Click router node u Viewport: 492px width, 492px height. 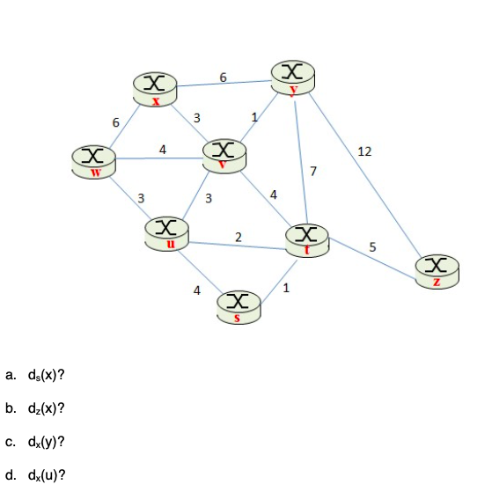(x=165, y=232)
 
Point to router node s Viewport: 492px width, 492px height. (x=238, y=306)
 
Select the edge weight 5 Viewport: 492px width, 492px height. (x=372, y=247)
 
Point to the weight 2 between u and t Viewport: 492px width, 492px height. (x=239, y=235)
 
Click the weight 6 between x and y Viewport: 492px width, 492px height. (x=224, y=77)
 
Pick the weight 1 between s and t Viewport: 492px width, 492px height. (x=286, y=287)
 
